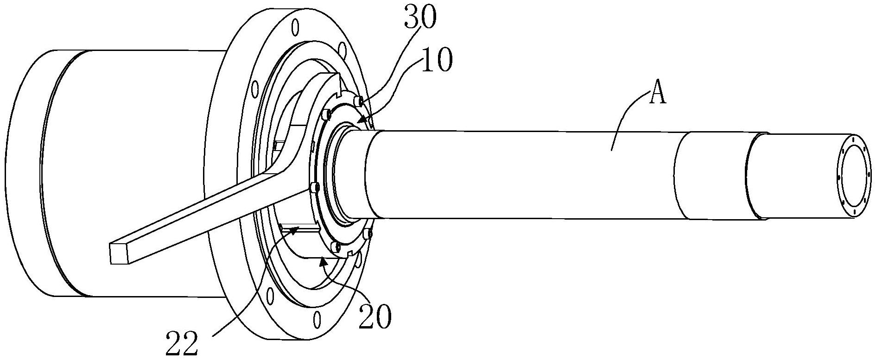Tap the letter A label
657,95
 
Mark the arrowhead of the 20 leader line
323,262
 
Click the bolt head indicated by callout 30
358,101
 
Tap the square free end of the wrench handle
119,254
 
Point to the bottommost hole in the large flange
317,319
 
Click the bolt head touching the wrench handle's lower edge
314,187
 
